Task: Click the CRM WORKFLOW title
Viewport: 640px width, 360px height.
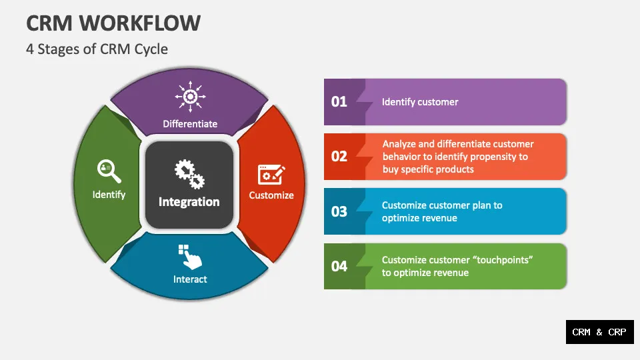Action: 113,23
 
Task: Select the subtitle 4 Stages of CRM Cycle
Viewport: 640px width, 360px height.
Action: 97,49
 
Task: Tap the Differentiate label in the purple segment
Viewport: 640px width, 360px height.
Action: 190,123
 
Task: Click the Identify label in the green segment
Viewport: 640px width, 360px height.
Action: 109,195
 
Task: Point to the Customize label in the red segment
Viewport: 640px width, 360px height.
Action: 271,195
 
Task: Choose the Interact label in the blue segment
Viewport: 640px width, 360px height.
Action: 190,279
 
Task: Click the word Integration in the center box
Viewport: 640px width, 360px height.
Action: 189,201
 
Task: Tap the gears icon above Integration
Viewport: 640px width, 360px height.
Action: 189,173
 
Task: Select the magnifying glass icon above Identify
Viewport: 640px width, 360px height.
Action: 109,171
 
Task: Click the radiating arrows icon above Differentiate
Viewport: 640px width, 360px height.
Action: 190,97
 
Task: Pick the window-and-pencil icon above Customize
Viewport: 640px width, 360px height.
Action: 271,174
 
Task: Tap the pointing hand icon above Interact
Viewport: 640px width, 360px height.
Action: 189,257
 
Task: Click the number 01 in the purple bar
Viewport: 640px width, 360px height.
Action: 339,101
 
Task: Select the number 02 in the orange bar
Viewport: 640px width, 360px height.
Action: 339,156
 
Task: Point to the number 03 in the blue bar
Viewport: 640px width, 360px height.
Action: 339,211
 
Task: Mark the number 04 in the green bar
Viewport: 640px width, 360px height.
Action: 339,266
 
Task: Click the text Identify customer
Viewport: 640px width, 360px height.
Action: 420,102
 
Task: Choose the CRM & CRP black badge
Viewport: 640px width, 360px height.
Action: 599,331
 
